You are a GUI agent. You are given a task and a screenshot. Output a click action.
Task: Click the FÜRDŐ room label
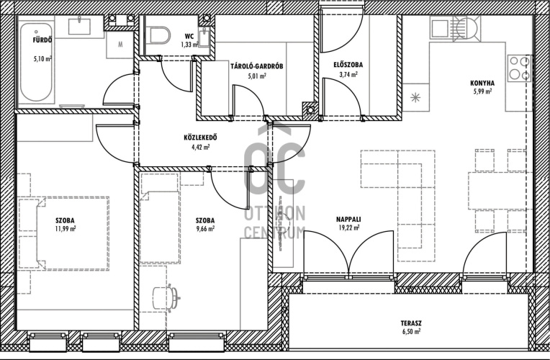(x=42, y=40)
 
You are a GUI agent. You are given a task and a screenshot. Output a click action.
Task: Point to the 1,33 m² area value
(x=190, y=44)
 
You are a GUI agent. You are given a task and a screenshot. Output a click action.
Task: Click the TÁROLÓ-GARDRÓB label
(x=257, y=66)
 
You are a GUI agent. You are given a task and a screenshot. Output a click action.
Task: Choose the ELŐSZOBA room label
(x=348, y=65)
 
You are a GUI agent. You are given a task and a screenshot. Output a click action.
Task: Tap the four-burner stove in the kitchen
(x=520, y=68)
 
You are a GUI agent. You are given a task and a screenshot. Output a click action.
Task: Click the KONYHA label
(x=482, y=83)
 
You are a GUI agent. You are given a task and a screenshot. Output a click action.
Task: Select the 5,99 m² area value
(x=482, y=91)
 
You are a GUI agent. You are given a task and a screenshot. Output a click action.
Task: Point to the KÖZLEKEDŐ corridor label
(x=200, y=138)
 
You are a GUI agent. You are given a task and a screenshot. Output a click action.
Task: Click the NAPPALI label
(x=348, y=220)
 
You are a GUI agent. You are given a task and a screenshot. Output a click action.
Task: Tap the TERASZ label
(x=411, y=323)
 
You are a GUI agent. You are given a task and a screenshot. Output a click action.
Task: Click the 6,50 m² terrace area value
(x=411, y=331)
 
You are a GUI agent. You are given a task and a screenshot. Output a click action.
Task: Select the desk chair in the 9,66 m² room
(x=166, y=298)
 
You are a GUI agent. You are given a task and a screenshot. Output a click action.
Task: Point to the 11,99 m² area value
(x=66, y=229)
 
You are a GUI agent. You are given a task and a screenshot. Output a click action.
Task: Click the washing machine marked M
(x=120, y=45)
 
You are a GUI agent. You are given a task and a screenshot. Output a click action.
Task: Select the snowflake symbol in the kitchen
(x=415, y=97)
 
